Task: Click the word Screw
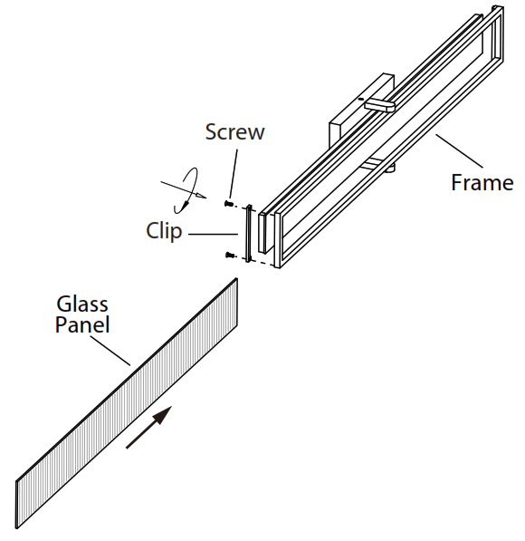tap(234, 132)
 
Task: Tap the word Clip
tap(164, 231)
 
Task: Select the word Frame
tap(482, 182)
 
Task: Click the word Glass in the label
tap(82, 303)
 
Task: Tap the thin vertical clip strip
tap(245, 234)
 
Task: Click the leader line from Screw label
tap(234, 172)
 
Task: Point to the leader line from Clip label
tap(213, 233)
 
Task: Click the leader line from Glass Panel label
tap(115, 350)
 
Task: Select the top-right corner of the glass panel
tap(237, 280)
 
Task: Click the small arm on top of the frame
tap(380, 104)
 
